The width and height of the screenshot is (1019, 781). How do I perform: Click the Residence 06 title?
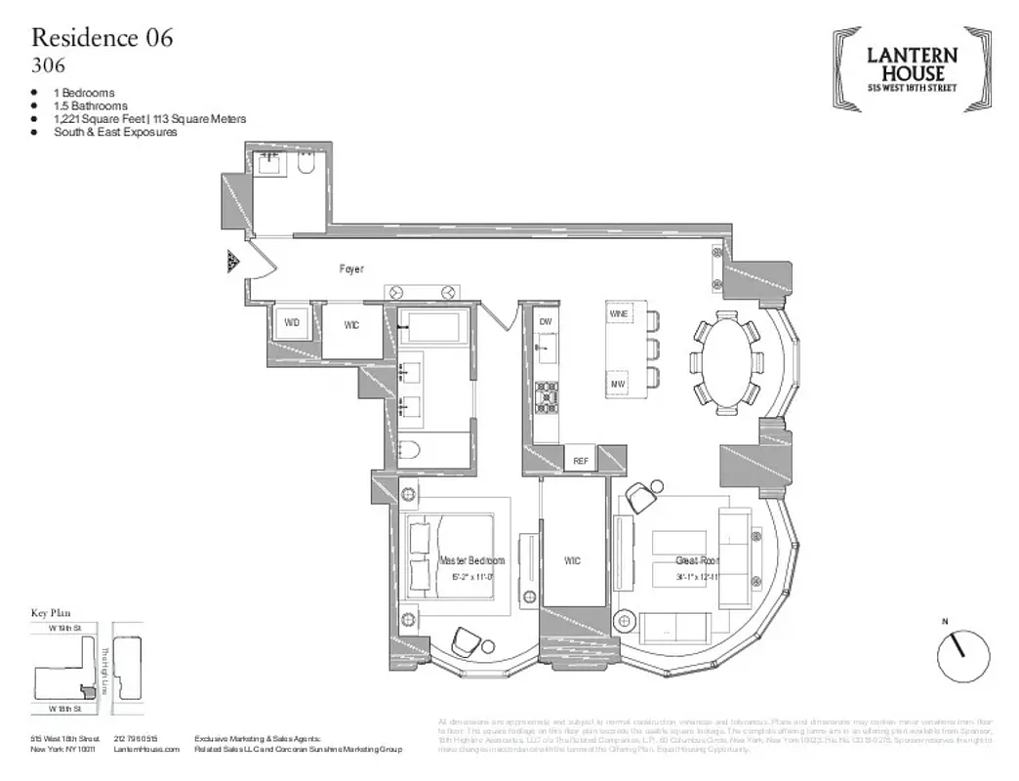coord(102,38)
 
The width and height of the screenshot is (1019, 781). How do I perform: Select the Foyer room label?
coord(351,268)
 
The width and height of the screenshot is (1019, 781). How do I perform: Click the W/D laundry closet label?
coord(292,323)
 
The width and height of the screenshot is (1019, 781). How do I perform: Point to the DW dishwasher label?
coord(546,321)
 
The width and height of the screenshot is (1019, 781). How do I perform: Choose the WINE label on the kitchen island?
coord(619,314)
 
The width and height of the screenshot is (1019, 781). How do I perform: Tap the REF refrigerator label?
coord(580,460)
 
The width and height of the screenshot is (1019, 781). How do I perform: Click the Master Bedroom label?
coord(471,560)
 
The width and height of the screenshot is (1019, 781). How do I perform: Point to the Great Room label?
coord(697,560)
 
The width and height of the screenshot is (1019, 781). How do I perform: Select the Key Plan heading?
coord(52,613)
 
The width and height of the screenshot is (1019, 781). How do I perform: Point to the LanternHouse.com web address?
coord(146,749)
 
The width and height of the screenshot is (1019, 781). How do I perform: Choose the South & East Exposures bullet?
coord(115,132)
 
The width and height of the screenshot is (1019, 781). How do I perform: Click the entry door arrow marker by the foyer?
coord(232,261)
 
